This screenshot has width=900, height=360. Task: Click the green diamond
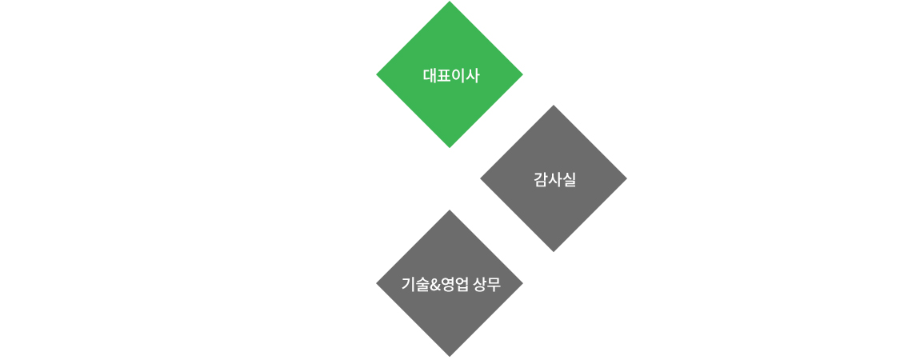450,74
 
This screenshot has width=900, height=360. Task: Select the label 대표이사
450,76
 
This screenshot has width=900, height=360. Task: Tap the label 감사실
554,180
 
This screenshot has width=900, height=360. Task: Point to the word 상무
486,284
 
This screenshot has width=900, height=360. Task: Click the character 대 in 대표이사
430,76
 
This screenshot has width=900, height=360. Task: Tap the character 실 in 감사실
569,180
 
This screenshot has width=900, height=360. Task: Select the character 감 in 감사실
541,180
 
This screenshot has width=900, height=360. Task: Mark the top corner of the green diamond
450,1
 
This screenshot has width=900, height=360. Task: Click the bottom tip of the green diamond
450,147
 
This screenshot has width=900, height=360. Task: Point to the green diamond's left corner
377,74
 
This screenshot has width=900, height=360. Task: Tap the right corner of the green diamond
522,74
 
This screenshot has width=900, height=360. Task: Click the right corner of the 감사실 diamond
626,178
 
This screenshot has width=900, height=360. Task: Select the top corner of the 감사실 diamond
554,106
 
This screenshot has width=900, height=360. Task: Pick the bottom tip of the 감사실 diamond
554,251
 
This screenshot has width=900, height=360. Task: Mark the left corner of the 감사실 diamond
481,178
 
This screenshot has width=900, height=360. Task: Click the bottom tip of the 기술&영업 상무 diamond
450,357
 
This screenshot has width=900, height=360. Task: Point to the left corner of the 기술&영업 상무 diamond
377,283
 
